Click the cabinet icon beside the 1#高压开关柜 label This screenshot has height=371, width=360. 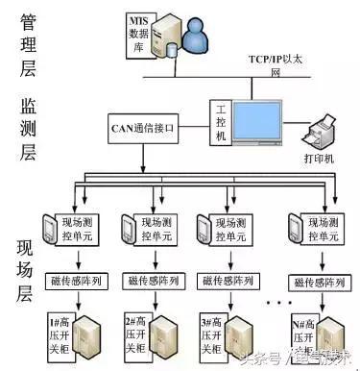[94, 336]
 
